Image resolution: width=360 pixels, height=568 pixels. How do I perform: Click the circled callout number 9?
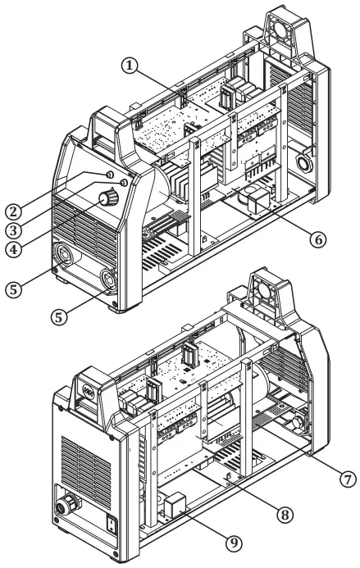235,543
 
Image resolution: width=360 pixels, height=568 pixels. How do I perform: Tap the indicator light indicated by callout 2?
111,175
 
